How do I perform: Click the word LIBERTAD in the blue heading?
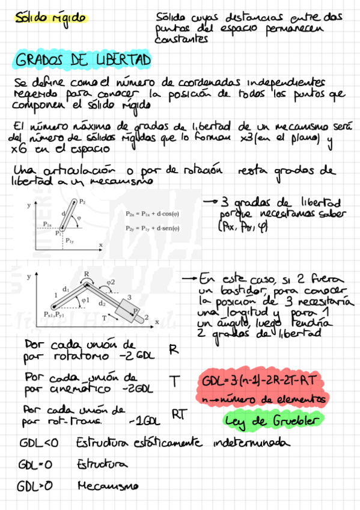pos(123,61)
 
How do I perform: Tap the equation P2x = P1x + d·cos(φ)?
pos(154,214)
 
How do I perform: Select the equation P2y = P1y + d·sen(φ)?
pos(154,229)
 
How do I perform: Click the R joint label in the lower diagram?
pos(87,274)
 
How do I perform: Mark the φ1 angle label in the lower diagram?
pos(85,299)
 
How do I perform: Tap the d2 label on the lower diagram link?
pos(103,303)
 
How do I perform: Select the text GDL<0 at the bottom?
pos(38,444)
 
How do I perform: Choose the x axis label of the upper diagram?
pos(101,245)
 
